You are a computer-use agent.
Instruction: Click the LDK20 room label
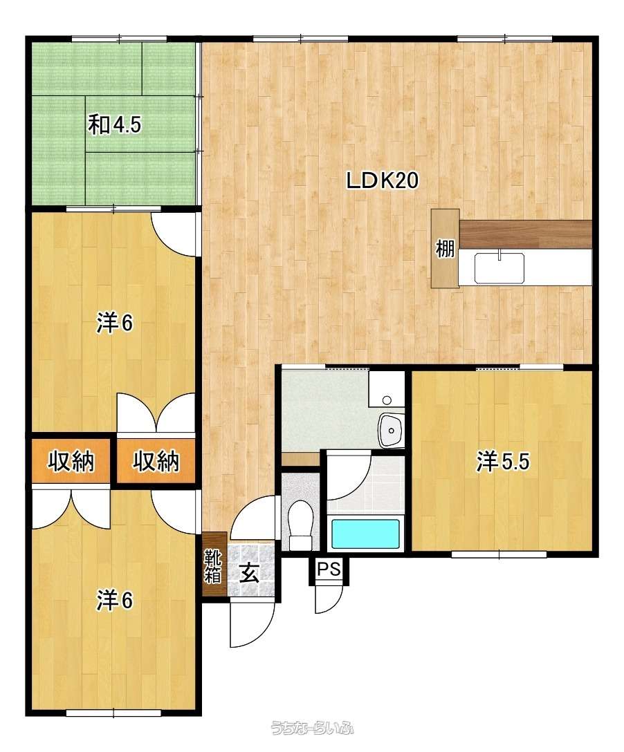click(383, 181)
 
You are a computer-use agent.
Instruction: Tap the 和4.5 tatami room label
click(114, 124)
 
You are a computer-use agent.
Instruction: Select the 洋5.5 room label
click(502, 462)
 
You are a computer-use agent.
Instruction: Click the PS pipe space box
click(329, 570)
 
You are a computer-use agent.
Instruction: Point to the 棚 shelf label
click(445, 250)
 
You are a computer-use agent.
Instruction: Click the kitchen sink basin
click(499, 268)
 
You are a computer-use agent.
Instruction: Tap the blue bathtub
click(366, 534)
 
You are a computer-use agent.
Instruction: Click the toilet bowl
click(301, 525)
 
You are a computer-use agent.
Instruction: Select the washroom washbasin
click(391, 429)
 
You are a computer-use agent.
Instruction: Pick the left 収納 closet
click(71, 462)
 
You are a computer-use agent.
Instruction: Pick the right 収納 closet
click(156, 462)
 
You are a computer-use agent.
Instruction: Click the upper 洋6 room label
click(114, 323)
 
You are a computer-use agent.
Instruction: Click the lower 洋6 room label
click(114, 601)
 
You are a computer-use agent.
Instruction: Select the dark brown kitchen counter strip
click(526, 234)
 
